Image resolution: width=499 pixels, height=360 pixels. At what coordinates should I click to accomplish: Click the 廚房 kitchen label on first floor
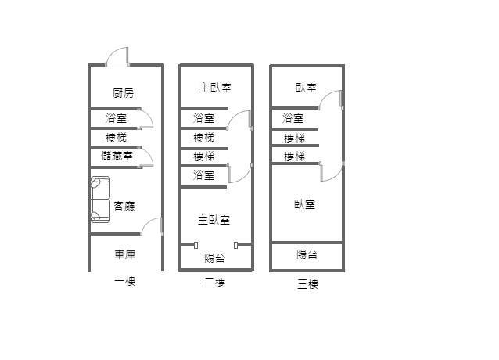(x=123, y=92)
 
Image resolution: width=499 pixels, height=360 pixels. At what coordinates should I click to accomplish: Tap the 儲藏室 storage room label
(x=117, y=156)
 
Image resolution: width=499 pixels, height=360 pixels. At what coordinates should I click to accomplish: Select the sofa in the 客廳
(x=100, y=200)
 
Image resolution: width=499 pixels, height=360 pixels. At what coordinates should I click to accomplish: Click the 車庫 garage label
(x=125, y=254)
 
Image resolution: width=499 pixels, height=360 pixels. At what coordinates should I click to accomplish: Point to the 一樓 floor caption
(x=124, y=282)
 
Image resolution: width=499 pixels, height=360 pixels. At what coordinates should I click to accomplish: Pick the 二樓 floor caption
(x=214, y=283)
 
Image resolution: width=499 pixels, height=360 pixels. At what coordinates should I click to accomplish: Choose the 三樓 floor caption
(x=307, y=283)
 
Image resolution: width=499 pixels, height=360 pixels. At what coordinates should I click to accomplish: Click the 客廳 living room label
(x=124, y=206)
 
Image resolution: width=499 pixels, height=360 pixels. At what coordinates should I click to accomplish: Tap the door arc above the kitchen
(x=117, y=57)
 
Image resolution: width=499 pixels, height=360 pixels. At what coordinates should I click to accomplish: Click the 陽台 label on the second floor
(x=214, y=257)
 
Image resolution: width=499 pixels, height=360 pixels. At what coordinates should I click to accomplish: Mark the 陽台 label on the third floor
(x=307, y=254)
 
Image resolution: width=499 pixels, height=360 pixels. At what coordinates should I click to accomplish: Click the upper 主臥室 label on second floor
(x=214, y=88)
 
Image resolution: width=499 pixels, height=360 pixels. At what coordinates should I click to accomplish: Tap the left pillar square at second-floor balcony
(x=196, y=245)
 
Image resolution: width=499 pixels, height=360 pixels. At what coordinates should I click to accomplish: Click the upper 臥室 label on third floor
(x=306, y=88)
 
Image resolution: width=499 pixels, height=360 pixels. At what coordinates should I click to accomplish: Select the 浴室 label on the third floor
(x=293, y=118)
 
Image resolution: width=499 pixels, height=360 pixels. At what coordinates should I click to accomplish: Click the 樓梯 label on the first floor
(x=117, y=137)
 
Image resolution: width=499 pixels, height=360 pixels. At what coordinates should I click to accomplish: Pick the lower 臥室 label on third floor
(x=304, y=204)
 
